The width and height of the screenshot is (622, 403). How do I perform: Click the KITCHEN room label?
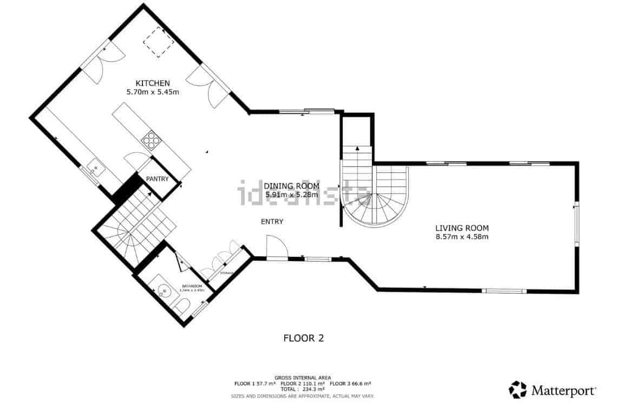point(153,83)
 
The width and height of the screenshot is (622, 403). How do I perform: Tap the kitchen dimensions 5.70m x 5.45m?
point(153,92)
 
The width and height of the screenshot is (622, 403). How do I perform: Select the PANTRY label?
point(157,179)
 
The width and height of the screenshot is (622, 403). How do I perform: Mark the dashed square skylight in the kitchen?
point(158,42)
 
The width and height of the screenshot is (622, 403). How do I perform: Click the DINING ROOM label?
point(292,186)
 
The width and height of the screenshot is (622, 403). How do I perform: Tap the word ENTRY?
point(272,222)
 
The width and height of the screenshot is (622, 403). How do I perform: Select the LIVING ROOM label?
point(462,228)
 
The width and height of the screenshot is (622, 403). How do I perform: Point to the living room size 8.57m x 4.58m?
point(462,237)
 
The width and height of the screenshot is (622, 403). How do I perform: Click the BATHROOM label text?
point(192,286)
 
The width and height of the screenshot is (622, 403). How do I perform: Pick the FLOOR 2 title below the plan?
point(304,339)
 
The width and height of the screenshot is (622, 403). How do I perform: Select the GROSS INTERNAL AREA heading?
point(303,378)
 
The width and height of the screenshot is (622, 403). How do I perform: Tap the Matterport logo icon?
point(518,389)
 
